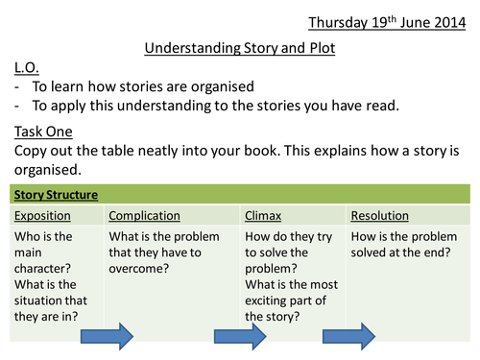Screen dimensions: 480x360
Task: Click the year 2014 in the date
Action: point(450,23)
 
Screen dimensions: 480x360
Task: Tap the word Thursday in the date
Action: point(338,23)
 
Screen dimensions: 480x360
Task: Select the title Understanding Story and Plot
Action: point(240,48)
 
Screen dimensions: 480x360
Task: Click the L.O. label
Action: point(27,67)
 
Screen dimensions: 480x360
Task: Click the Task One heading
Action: point(43,132)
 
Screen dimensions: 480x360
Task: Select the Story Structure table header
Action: point(56,195)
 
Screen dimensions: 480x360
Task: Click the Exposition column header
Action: point(42,216)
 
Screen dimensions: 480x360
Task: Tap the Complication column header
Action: point(144,216)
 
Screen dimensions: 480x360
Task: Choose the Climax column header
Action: point(263,216)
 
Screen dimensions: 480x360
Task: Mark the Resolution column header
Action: point(380,216)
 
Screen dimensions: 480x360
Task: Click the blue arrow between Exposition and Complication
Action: point(107,336)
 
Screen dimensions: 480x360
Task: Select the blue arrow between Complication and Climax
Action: point(240,336)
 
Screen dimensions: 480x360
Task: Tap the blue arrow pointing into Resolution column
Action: point(348,336)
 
